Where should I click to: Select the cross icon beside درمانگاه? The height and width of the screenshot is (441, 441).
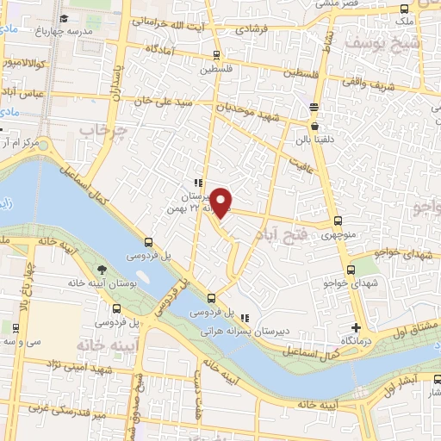coord(357,328)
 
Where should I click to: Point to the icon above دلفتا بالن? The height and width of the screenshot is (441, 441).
coord(314,107)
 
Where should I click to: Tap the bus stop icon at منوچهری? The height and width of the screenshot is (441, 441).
coord(337,220)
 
